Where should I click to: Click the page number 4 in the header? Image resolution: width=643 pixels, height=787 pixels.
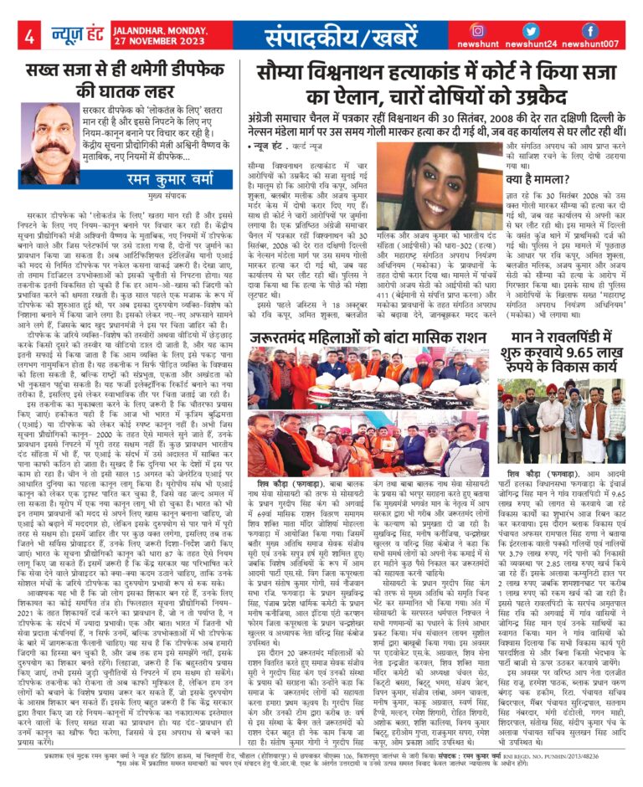(29, 36)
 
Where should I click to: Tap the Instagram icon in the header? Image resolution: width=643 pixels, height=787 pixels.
(478, 30)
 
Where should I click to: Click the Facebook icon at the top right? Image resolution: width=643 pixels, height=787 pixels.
(589, 30)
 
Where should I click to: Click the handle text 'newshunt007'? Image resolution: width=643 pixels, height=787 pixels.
(589, 44)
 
